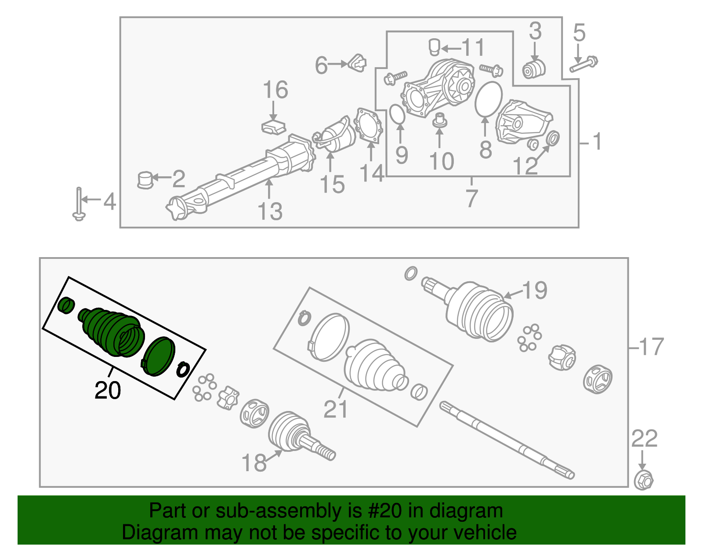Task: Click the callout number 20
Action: (x=108, y=390)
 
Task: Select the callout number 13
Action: (x=270, y=211)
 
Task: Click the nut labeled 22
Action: (x=644, y=480)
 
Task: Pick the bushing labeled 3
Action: (x=533, y=69)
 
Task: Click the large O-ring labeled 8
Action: (x=489, y=99)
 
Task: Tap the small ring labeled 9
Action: (x=397, y=114)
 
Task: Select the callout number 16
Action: (x=275, y=90)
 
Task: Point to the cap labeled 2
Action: (x=145, y=180)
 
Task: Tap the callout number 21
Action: (x=336, y=409)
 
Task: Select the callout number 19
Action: (x=535, y=291)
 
